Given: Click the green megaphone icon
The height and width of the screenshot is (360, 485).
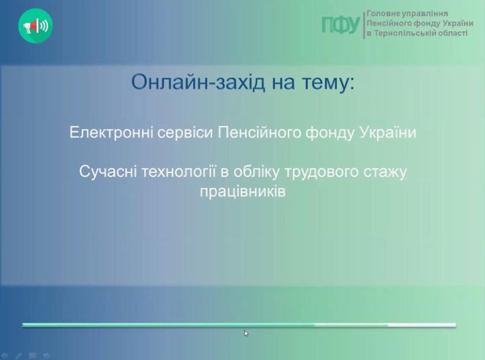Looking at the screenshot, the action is (x=35, y=26).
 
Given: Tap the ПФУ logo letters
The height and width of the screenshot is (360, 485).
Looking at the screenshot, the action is (x=341, y=25).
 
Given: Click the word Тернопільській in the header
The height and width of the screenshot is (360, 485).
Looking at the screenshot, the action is (x=397, y=33).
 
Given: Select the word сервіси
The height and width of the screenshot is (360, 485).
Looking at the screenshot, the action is (x=185, y=133).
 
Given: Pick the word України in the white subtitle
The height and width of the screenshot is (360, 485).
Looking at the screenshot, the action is (x=388, y=133).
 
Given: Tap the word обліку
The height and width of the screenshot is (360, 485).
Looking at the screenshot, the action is (x=256, y=172).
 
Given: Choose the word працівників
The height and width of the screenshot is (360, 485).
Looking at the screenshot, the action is (x=242, y=191).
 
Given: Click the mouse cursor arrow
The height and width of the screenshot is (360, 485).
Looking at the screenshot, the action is (x=246, y=333).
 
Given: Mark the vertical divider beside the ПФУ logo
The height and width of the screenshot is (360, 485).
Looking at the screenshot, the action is (x=364, y=25).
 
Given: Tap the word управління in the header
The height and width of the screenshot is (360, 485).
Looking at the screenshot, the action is (x=421, y=14).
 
